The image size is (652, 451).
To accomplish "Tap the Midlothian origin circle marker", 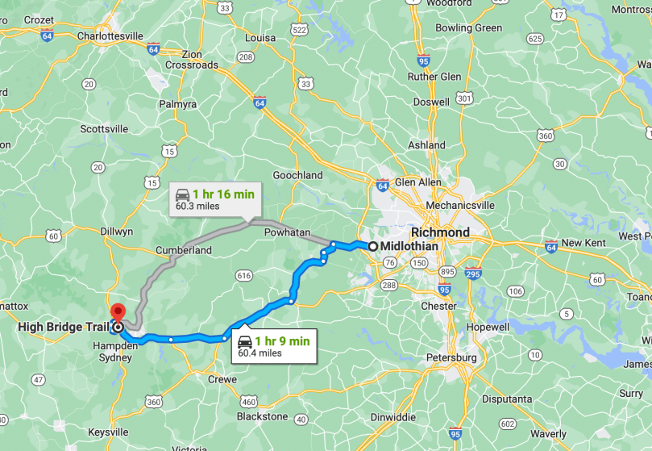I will [374, 246].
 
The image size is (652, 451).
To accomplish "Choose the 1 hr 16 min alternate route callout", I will [214, 199].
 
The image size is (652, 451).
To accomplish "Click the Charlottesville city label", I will [110, 35].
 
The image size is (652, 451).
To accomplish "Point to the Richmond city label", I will [440, 232].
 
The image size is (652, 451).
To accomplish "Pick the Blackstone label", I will [262, 416].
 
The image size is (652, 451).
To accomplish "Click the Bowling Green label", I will [468, 27].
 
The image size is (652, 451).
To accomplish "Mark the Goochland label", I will [297, 175].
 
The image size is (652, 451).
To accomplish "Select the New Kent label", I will [583, 243].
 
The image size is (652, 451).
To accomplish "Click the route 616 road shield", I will [244, 276].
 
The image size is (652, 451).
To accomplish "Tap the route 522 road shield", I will [300, 30].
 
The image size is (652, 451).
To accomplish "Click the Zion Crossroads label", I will [192, 58].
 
